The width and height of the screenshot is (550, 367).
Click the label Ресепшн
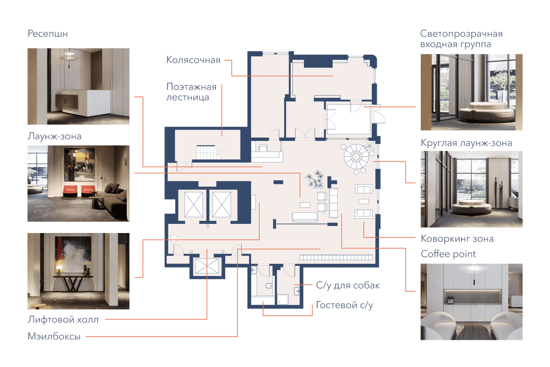point(48,33)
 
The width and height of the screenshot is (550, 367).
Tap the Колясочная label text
point(193,60)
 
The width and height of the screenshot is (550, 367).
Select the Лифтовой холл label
point(63,320)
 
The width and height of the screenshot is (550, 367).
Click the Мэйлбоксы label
point(54,336)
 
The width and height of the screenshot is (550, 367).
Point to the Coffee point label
point(448,254)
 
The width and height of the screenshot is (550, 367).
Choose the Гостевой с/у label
point(344,305)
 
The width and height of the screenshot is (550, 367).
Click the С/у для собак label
point(348,285)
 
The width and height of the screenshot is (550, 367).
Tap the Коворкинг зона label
point(457,239)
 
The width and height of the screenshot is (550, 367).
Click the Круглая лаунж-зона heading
point(466,143)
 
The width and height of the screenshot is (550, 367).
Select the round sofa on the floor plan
point(356,156)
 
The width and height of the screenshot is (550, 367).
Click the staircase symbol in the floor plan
point(206,152)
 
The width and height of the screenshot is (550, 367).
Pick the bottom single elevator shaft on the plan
point(207,266)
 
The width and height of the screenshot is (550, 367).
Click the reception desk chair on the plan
point(263,148)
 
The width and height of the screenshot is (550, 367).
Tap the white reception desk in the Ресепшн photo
point(87,103)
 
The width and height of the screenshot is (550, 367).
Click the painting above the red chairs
point(79,164)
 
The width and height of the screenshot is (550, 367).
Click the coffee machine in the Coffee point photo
point(451,300)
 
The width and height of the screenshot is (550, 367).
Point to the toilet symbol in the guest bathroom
point(269,285)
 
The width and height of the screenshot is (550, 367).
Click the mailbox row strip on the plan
point(336,257)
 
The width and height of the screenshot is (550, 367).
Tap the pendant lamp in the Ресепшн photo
point(69,57)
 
